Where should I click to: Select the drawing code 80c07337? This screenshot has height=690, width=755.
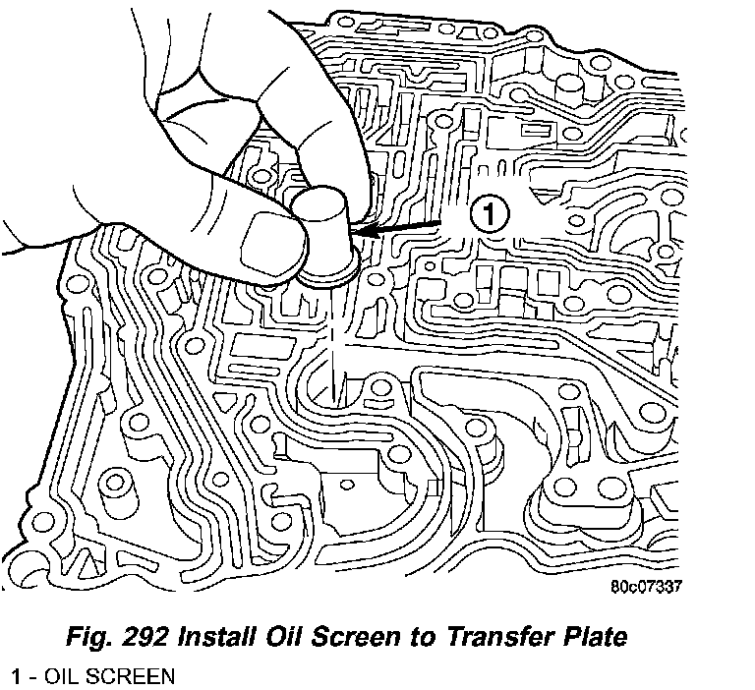click(645, 588)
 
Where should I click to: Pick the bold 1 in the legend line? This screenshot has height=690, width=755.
click(17, 677)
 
